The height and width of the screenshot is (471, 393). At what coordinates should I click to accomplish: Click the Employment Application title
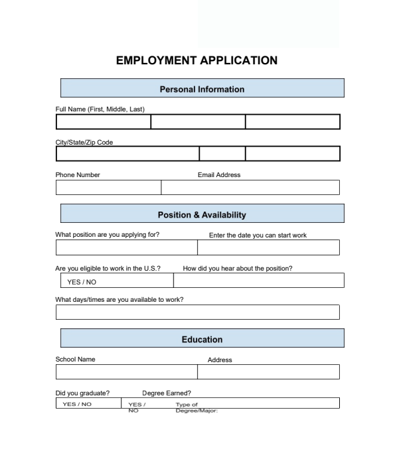pos(196,60)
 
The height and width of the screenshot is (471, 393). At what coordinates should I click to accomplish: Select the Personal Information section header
pos(202,89)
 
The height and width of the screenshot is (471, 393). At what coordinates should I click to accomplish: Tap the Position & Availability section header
pos(202,214)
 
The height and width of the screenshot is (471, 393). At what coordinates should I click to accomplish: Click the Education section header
pos(202,340)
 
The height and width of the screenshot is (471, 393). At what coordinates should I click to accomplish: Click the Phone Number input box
pos(108,188)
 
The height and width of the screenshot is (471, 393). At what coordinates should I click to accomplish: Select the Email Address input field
pos(250,188)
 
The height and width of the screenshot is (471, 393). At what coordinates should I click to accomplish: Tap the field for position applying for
pos(126,247)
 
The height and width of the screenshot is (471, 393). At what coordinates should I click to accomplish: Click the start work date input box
pos(268,247)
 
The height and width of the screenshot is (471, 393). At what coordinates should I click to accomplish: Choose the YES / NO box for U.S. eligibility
pos(114,281)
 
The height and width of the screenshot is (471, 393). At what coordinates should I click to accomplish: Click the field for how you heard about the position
pos(258,281)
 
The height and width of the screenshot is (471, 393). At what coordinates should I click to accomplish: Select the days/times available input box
pos(197,312)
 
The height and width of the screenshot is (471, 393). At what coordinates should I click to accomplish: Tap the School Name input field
pos(126,371)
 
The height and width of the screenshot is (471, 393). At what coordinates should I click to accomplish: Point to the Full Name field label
pos(100,109)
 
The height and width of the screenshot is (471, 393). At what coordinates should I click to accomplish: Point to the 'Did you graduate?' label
pos(82,393)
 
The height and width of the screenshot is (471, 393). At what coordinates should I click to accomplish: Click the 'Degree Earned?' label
pos(167,393)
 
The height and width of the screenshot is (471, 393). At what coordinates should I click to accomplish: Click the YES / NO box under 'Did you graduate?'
pos(77,403)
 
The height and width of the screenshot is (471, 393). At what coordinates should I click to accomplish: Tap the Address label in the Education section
pos(220,360)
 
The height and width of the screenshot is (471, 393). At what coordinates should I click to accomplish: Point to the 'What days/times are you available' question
pos(119,299)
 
